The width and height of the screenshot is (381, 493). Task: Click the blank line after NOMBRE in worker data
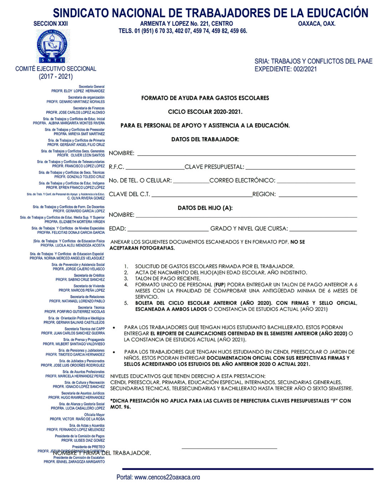click(x=246, y=155)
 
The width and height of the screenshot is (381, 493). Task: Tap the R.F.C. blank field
click(x=155, y=168)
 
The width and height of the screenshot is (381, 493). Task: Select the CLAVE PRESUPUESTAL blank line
click(x=300, y=168)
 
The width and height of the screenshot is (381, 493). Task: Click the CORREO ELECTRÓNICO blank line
click(x=316, y=182)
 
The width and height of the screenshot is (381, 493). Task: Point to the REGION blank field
click(x=318, y=196)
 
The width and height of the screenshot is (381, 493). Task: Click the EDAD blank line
click(x=168, y=230)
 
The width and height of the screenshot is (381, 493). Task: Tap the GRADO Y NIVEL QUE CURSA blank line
click(x=323, y=230)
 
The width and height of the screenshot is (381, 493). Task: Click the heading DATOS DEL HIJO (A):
click(x=205, y=208)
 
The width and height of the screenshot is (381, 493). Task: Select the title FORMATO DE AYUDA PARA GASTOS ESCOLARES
click(x=205, y=98)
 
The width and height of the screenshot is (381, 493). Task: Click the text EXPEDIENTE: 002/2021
click(x=285, y=69)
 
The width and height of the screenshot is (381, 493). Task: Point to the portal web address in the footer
click(x=158, y=477)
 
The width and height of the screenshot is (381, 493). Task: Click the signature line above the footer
click(x=229, y=448)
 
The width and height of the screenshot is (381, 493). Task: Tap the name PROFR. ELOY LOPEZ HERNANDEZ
click(x=78, y=91)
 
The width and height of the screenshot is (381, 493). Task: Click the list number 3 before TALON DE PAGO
click(x=126, y=279)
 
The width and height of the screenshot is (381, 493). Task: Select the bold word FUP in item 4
click(x=219, y=285)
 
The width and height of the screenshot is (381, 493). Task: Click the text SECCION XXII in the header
click(x=51, y=24)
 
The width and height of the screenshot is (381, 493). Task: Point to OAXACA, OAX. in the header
click(x=317, y=24)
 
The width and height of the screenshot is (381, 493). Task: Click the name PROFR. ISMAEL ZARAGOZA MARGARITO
click(x=74, y=462)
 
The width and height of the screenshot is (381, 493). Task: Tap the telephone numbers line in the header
click(x=183, y=31)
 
